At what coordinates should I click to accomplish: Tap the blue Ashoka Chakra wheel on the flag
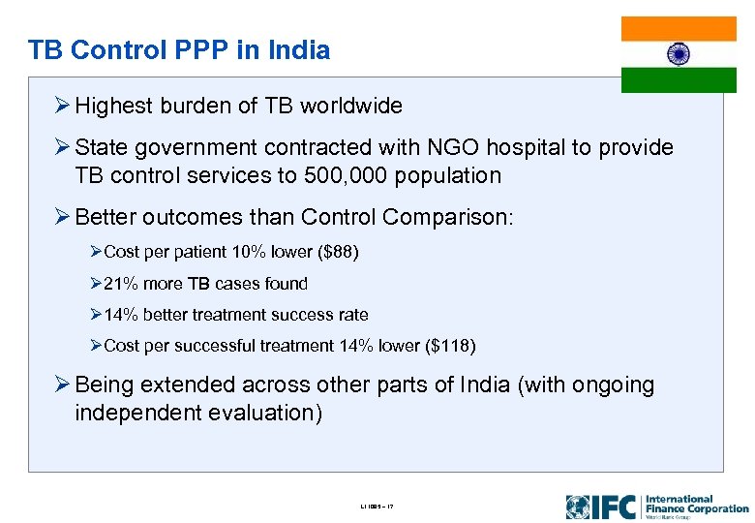tap(679, 54)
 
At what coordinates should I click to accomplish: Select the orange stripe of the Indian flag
tap(679, 28)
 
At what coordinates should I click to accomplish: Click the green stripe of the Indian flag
tap(679, 80)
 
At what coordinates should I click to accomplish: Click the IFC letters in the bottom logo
tap(616, 507)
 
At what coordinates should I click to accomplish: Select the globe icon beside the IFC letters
tap(578, 507)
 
